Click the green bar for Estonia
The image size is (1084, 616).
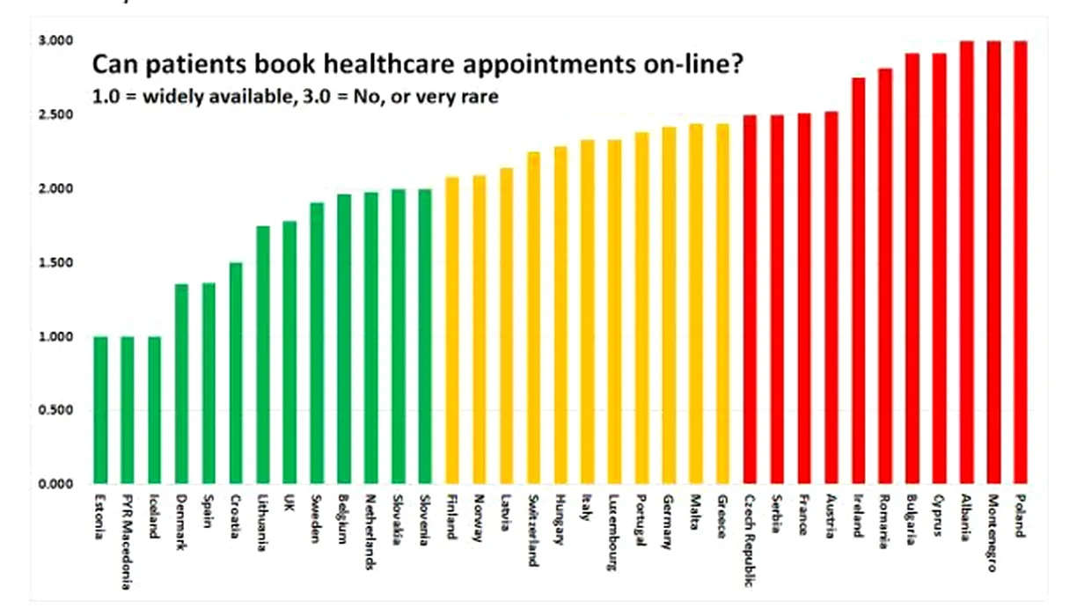point(100,410)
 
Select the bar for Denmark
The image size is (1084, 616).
point(181,384)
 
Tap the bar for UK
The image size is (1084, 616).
point(289,352)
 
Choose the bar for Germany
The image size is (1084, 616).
point(669,305)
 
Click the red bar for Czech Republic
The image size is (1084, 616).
point(750,299)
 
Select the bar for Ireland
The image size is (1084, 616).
point(858,281)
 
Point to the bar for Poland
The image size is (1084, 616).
point(1021,262)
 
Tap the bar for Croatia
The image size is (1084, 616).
point(236,373)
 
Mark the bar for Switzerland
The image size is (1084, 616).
point(533,318)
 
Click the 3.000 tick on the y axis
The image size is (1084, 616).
point(55,40)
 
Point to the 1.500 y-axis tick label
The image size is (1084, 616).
point(55,262)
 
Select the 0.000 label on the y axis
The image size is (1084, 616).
point(55,484)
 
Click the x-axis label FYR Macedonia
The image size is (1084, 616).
point(127,532)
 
